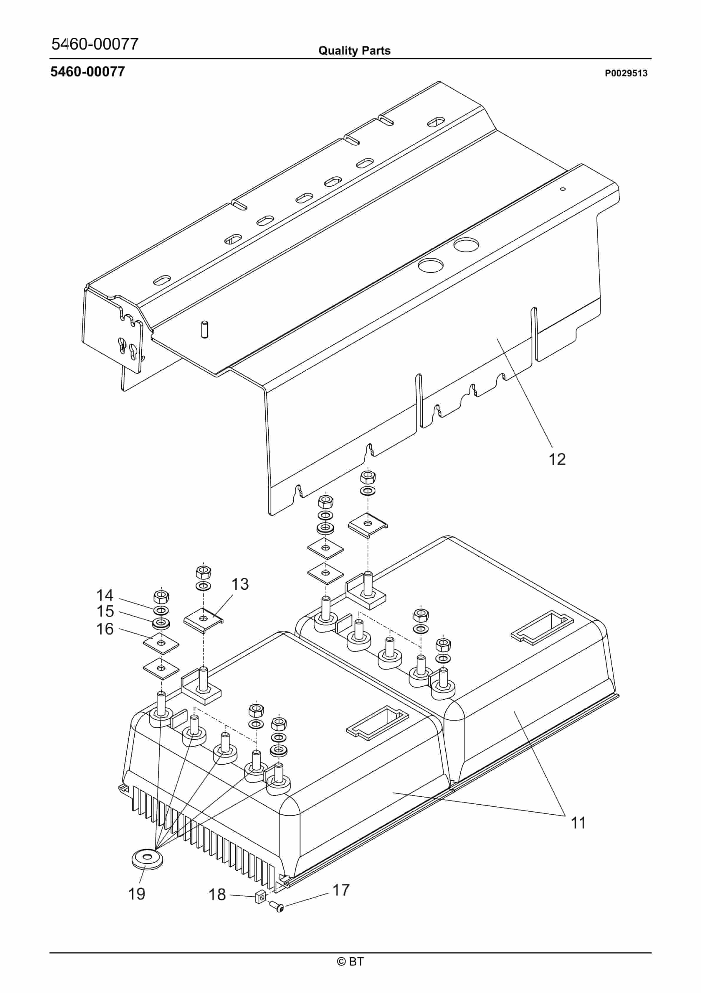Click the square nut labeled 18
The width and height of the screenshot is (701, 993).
[260, 898]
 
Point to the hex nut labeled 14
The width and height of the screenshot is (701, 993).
[161, 596]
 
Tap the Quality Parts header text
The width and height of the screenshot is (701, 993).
[354, 51]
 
